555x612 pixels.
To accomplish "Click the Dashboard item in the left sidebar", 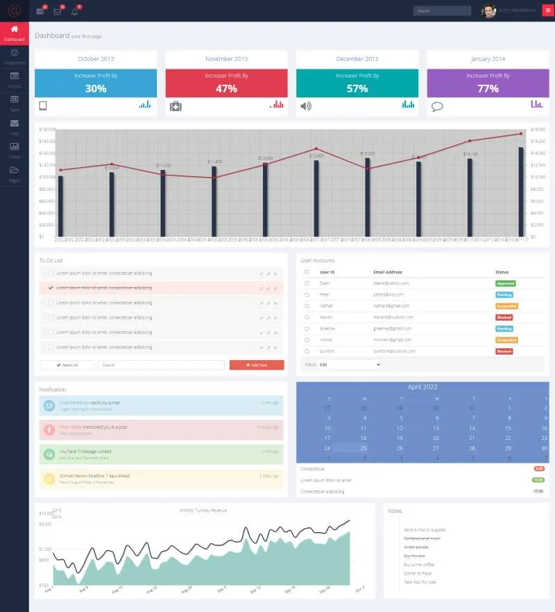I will point(14,33).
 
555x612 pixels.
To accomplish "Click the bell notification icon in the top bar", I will point(74,11).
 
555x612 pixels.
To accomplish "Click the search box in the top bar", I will point(442,11).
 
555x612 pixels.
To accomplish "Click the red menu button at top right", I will point(547,10).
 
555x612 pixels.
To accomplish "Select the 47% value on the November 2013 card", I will point(226,89).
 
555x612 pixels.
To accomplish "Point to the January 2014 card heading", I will point(488,59).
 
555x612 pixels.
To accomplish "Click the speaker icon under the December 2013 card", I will point(306,106).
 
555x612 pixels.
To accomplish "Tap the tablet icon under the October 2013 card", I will point(42,106).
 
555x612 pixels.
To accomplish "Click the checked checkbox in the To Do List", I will point(50,287).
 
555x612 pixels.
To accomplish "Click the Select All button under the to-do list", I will point(67,365).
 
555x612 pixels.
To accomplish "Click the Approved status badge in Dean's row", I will point(505,283).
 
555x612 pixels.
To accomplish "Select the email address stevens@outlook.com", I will point(391,317).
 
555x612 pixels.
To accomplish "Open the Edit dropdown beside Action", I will point(350,364).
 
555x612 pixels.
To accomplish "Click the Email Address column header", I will point(387,272).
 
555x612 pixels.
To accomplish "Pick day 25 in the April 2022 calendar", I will point(363,448).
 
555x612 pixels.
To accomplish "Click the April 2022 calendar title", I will point(422,386).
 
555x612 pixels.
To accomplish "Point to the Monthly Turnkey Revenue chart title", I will point(203,510).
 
